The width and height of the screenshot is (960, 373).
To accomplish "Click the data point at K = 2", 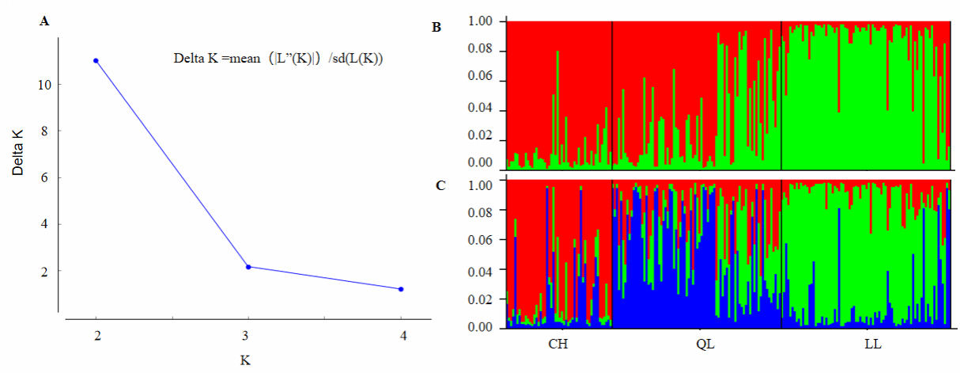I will click(x=96, y=60).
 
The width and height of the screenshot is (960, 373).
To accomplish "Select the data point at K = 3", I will click(x=248, y=267).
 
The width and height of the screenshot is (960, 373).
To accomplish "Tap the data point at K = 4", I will click(x=401, y=289).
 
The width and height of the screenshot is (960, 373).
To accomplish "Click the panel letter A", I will click(x=44, y=22).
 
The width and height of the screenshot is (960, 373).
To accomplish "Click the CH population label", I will click(x=558, y=345).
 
